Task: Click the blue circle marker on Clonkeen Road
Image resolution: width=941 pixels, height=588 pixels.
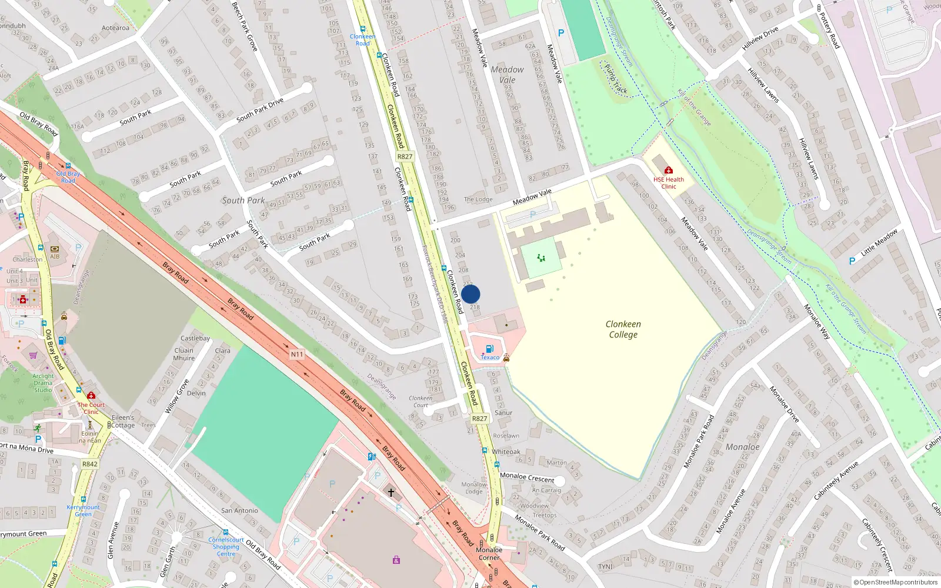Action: pyautogui.click(x=470, y=294)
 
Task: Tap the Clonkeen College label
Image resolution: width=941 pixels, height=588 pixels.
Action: pyautogui.click(x=623, y=329)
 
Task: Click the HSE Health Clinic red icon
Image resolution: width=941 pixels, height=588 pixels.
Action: pyautogui.click(x=668, y=171)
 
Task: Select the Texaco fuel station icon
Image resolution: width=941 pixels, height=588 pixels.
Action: pyautogui.click(x=490, y=349)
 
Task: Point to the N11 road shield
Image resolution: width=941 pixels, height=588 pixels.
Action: pyautogui.click(x=297, y=354)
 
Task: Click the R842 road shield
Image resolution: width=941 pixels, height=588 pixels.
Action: pyautogui.click(x=90, y=464)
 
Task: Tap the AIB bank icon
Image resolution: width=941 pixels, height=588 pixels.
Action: pyautogui.click(x=55, y=249)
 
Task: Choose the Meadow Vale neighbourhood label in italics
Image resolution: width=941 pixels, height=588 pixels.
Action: pyautogui.click(x=507, y=75)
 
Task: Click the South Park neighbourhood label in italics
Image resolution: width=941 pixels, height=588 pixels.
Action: pyautogui.click(x=243, y=201)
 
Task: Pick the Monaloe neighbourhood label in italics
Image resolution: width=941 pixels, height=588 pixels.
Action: pyautogui.click(x=742, y=447)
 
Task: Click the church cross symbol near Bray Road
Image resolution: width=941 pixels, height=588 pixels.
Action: pyautogui.click(x=391, y=492)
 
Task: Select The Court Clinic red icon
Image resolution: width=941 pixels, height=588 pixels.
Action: pyautogui.click(x=91, y=396)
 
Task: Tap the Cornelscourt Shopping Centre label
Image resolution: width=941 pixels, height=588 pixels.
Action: pyautogui.click(x=226, y=547)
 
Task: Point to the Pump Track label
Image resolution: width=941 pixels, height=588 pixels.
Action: pyautogui.click(x=616, y=79)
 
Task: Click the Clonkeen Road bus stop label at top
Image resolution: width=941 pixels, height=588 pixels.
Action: pyautogui.click(x=362, y=39)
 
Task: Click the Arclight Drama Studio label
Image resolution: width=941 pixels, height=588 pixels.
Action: pyautogui.click(x=43, y=383)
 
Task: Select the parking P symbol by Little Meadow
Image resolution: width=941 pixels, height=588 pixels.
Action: pyautogui.click(x=852, y=261)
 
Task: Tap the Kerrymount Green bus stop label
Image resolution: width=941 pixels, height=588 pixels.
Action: pyautogui.click(x=83, y=510)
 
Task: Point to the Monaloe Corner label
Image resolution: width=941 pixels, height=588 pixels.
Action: pyautogui.click(x=489, y=554)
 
